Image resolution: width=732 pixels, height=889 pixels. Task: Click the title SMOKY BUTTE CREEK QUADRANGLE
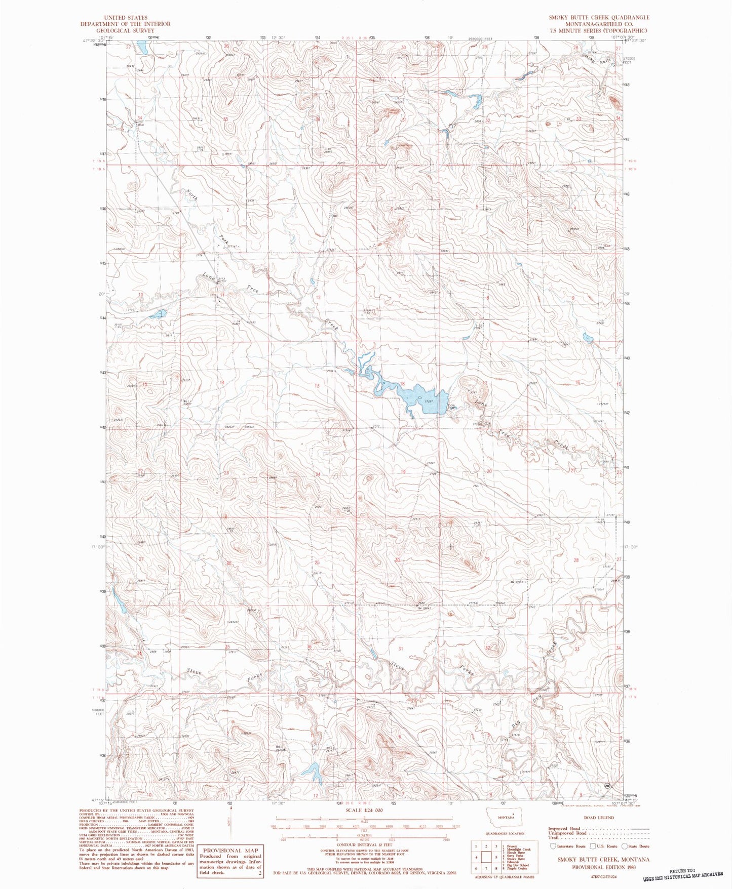point(599,17)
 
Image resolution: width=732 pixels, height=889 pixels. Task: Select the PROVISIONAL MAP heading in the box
point(230,850)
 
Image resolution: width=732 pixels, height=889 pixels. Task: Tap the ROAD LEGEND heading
point(599,818)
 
